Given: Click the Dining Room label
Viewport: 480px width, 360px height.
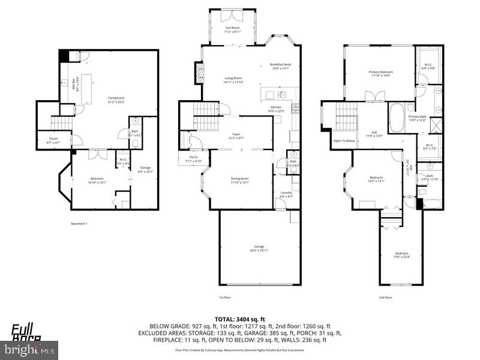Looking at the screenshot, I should point(240,178).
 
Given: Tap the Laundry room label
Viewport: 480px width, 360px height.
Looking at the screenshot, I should point(286,193).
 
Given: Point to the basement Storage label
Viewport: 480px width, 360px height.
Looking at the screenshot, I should point(145,167).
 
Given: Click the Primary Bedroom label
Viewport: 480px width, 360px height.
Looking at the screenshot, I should point(379,72).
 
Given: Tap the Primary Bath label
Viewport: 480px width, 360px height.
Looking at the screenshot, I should point(418,116).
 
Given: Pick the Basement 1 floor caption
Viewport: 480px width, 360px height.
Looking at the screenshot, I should point(79,224).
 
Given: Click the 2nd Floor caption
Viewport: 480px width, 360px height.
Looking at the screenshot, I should point(385,297).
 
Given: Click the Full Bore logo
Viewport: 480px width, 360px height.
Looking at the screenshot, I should point(27,332).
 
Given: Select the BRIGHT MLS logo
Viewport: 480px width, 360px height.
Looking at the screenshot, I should point(30,348).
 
